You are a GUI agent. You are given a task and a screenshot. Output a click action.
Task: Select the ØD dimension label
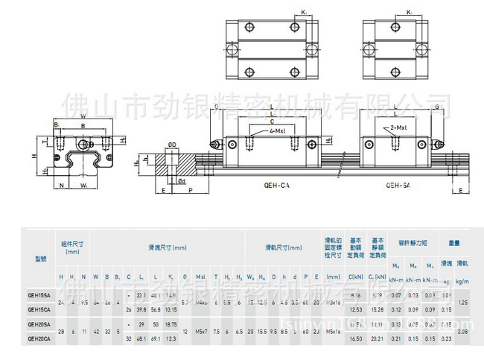(x=171, y=144)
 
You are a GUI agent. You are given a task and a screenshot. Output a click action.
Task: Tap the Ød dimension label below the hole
(x=181, y=180)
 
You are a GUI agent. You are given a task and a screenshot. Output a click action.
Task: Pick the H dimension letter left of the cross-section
(x=34, y=156)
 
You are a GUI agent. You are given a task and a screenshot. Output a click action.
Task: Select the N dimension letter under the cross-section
(x=62, y=184)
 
